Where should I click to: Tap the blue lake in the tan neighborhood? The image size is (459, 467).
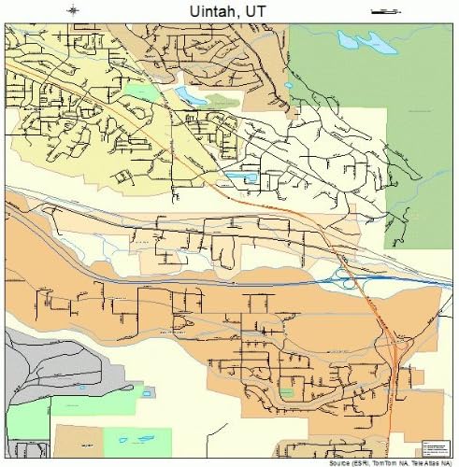[x=190, y=95]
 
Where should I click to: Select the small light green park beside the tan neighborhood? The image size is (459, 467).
[x=140, y=92]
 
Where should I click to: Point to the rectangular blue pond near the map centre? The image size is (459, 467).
[x=241, y=176]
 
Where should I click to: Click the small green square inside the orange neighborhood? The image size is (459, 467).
[x=286, y=393]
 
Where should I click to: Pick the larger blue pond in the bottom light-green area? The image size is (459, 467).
[x=124, y=440]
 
